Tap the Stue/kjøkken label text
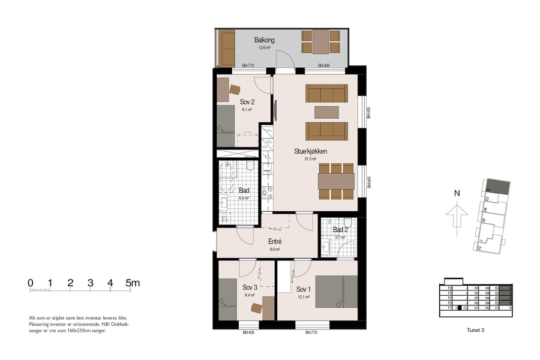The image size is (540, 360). pos(310,152)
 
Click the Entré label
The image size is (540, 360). pos(274,241)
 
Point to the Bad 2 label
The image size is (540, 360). pos(340,230)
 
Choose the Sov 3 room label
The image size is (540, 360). pos(250,287)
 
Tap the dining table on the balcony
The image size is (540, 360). pos(320,42)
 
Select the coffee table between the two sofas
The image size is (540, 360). pos(326,112)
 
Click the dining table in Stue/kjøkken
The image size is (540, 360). pos(335,181)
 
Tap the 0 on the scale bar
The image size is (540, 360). pos(30,283)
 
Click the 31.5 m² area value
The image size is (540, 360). pos(310,159)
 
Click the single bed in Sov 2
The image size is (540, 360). pos(226,125)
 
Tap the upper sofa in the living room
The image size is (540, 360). pos(326,94)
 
